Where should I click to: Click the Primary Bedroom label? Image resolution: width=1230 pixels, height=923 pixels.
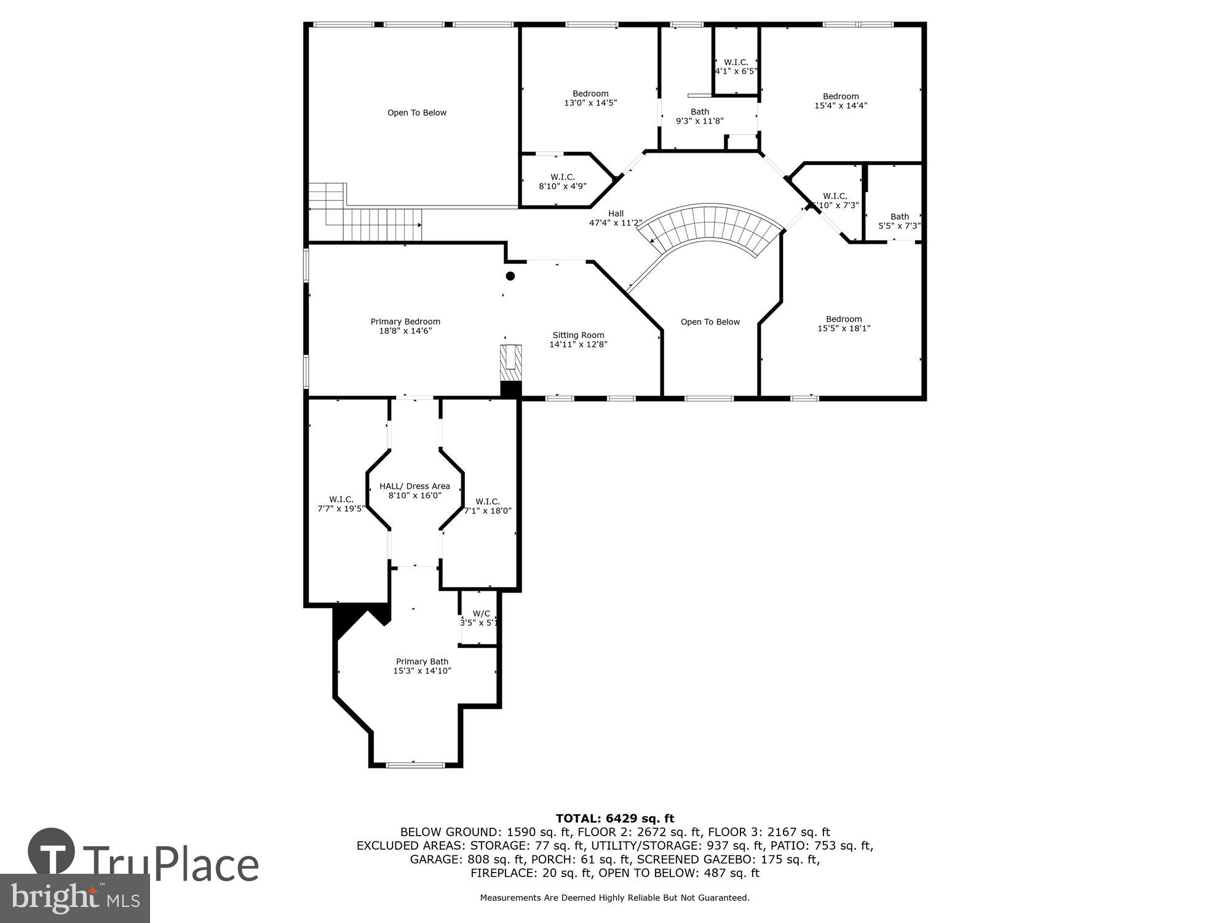pos(405,321)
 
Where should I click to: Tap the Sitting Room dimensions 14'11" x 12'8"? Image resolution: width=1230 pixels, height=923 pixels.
pos(578,345)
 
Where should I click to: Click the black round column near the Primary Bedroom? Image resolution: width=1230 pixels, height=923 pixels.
pos(510,276)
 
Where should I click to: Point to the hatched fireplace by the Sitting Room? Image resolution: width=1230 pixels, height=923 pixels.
pos(511,365)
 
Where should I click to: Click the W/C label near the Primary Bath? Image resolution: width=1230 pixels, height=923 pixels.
pos(481,613)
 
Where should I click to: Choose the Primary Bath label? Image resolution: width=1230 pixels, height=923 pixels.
pos(422,661)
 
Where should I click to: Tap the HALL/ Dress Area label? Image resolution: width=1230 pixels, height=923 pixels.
pos(415,486)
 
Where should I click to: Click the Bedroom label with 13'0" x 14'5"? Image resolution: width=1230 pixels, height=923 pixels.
pos(590,94)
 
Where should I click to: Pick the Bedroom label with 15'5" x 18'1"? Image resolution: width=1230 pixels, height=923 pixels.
pos(843,319)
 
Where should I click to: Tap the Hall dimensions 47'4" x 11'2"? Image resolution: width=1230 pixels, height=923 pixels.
pos(616,223)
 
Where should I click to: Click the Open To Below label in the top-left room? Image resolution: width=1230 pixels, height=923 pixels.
pos(417,113)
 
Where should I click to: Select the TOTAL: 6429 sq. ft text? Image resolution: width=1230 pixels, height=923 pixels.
pos(615,818)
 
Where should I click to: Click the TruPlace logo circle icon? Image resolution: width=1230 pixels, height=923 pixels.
pos(52,852)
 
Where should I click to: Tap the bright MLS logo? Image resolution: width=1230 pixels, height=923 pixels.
pos(75,898)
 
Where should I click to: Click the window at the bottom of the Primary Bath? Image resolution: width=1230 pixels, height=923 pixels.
pos(415,765)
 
